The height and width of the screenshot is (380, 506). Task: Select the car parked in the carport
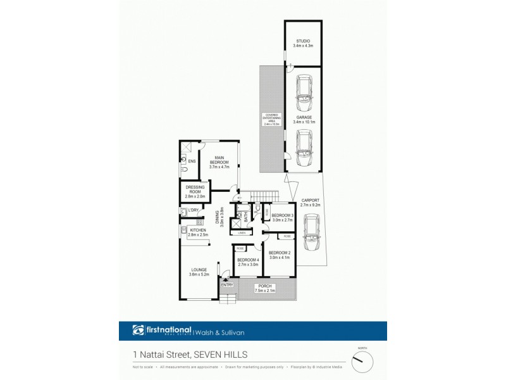pos(310,232)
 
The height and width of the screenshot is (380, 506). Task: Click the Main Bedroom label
pos(219,163)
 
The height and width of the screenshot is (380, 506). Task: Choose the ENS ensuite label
pos(191,161)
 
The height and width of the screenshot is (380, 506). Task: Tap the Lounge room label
pos(199,272)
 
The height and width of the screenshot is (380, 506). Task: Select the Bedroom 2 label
pos(279,255)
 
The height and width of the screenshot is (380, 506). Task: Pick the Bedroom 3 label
pos(281,218)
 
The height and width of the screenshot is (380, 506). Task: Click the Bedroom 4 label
pos(248,262)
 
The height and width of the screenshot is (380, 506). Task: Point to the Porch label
pos(266,289)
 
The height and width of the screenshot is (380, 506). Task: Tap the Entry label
pos(227,285)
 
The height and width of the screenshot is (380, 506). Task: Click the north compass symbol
pos(362,362)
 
